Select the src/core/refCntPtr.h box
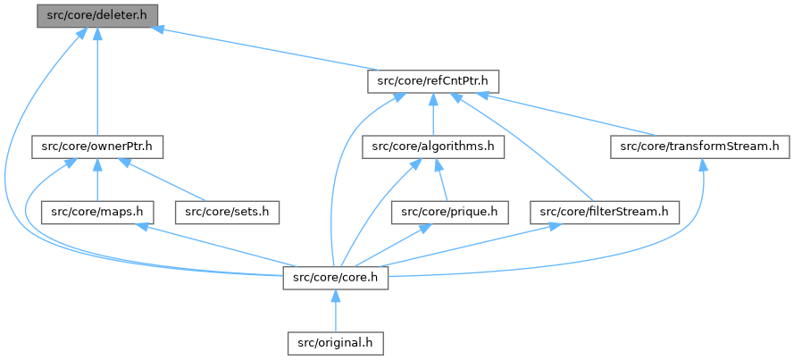click(433, 81)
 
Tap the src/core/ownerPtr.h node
click(98, 147)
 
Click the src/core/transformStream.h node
click(699, 147)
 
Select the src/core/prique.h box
click(450, 212)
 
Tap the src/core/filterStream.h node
click(605, 212)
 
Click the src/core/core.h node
click(336, 277)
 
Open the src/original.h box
click(336, 342)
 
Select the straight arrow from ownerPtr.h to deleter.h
click(96, 80)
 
